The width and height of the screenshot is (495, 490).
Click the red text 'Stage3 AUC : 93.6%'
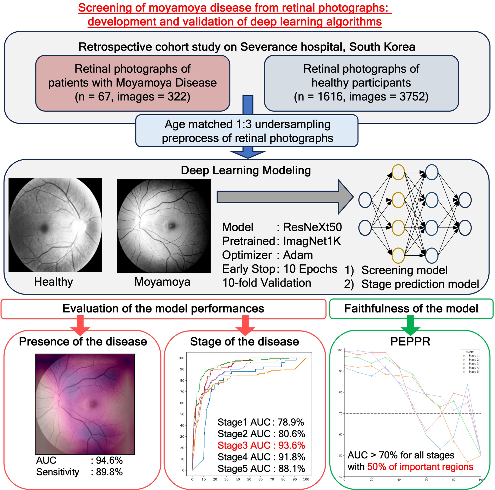click(x=261, y=445)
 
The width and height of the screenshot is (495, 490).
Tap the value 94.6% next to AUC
click(x=109, y=460)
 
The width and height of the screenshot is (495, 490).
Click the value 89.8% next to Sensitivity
click(x=109, y=472)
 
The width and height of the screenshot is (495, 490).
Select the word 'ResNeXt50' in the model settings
click(x=312, y=227)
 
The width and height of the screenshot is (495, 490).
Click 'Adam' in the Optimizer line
click(x=298, y=255)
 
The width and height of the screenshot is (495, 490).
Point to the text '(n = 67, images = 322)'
click(x=132, y=97)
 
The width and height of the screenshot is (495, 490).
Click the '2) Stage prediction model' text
click(x=411, y=284)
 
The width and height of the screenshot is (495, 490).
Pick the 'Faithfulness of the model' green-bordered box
click(x=411, y=308)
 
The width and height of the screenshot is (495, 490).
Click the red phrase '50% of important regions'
click(x=420, y=467)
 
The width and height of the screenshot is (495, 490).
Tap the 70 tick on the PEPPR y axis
click(x=341, y=413)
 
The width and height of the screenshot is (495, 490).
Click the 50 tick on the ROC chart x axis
click(x=249, y=479)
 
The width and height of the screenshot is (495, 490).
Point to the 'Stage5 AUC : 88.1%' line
click(x=261, y=469)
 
